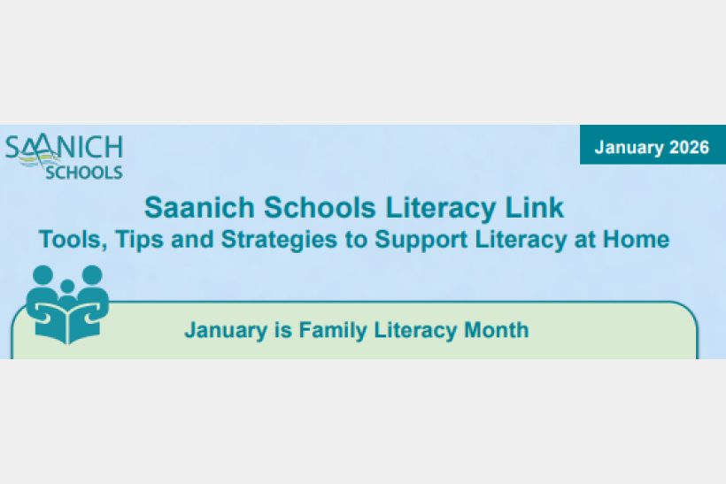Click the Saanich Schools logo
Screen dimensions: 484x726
(64, 157)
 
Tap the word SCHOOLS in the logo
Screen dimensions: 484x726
(84, 173)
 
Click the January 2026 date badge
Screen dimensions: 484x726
(652, 148)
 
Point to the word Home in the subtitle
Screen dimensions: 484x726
(636, 239)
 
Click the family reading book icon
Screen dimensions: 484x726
(67, 303)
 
